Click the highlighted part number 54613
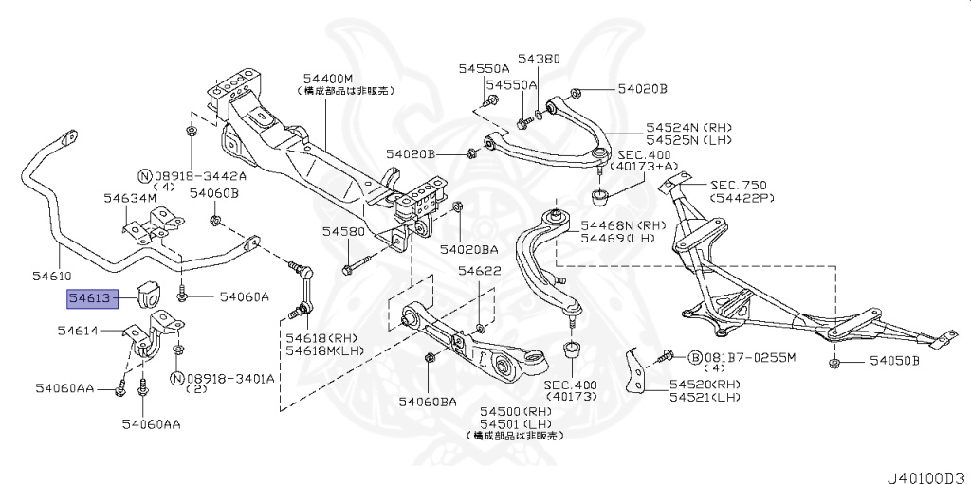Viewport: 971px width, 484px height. (x=90, y=299)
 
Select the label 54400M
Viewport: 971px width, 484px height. (x=328, y=79)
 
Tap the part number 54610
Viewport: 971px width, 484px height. (x=51, y=276)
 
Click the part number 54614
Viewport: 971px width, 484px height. (x=78, y=331)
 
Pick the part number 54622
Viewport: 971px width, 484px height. (x=480, y=272)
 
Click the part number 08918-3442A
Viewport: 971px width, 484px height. (x=199, y=176)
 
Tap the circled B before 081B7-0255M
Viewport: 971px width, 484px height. (x=694, y=357)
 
